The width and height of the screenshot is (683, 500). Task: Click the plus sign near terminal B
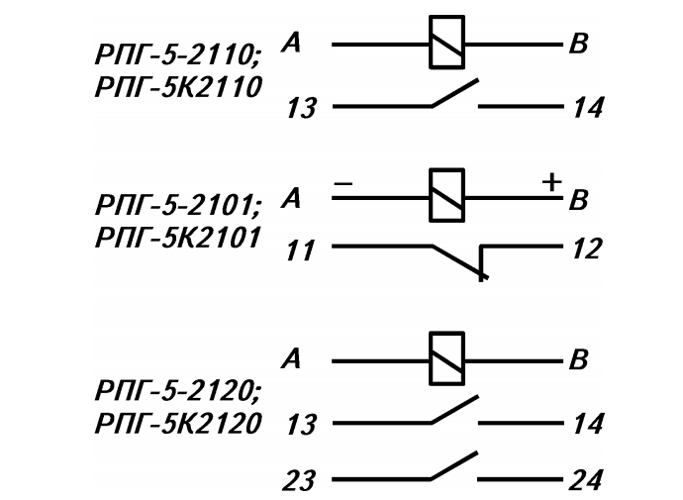tap(552, 182)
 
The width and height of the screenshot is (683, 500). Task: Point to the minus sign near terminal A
tap(343, 184)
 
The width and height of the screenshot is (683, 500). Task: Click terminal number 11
tap(300, 250)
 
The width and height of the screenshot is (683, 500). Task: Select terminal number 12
tap(587, 249)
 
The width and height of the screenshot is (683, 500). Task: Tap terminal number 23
tap(299, 480)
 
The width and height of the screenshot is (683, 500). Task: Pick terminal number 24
tap(586, 480)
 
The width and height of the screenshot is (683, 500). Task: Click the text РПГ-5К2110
tap(178, 87)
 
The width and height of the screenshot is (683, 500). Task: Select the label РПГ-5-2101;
tap(177, 205)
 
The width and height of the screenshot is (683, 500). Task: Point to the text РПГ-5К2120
tap(178, 424)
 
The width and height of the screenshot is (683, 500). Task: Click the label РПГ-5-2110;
tap(177, 55)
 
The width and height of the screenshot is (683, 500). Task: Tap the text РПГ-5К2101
tap(178, 238)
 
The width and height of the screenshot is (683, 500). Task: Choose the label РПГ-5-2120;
tap(177, 390)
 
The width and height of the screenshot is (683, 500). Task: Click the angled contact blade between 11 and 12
tap(459, 261)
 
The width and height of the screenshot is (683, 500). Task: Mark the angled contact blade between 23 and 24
tap(454, 465)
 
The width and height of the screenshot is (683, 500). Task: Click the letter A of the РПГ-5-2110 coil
tap(291, 44)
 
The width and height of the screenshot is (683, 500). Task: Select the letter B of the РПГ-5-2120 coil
tap(578, 359)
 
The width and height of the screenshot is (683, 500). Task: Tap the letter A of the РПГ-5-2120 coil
tap(291, 359)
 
